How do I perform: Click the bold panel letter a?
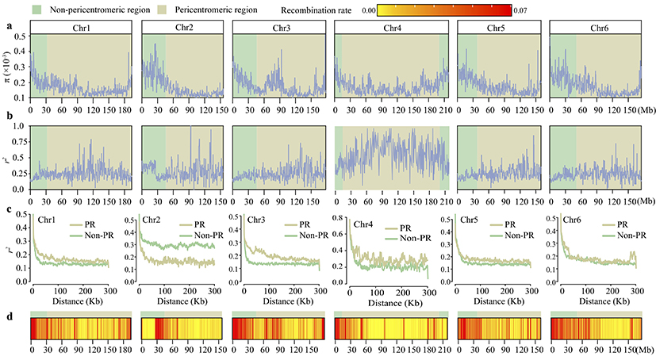tap(8, 25)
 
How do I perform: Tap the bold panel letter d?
tap(8, 315)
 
